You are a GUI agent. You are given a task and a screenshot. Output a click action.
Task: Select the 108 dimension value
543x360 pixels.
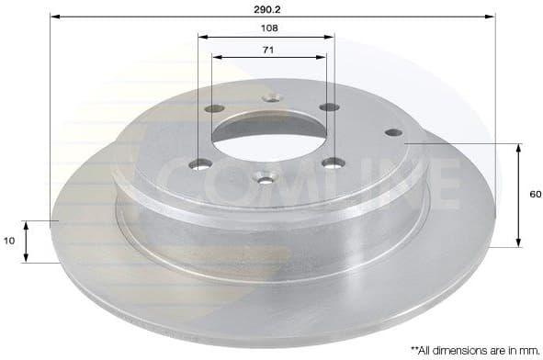(268, 28)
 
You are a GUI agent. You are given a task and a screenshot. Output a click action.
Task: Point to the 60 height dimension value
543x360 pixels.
(535, 195)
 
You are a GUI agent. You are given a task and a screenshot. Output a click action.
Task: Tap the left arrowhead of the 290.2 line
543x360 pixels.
(53, 17)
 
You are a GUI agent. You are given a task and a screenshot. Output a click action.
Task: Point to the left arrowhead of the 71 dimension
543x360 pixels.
(217, 57)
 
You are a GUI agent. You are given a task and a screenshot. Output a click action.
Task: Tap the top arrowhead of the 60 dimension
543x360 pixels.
(520, 147)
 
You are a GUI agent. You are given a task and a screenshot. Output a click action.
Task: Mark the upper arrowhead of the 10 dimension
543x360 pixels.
(27, 224)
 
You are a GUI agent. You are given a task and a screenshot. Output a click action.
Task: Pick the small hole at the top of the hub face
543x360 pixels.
(269, 97)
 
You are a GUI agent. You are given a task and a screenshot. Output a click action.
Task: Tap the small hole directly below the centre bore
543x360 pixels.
(265, 178)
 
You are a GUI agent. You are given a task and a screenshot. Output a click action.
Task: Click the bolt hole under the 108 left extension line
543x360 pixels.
(201, 163)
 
